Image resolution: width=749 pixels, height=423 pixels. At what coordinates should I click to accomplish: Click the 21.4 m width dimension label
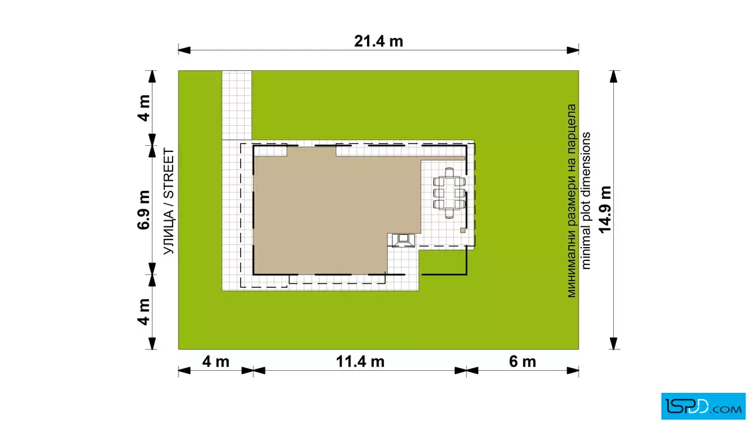tap(379, 41)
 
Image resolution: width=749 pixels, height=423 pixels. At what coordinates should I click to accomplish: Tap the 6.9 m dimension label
tap(144, 210)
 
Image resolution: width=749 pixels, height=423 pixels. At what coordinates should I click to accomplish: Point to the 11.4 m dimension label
tap(360, 362)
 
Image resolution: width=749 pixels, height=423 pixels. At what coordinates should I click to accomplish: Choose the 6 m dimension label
tap(522, 362)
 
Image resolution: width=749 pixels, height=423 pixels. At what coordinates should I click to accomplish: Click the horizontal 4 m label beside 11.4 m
tap(216, 362)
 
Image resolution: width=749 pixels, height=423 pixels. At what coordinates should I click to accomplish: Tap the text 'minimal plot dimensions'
tap(586, 201)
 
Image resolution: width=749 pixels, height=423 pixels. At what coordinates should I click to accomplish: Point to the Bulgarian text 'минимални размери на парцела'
tap(571, 201)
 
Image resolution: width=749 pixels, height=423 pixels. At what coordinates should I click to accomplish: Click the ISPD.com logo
tap(703, 406)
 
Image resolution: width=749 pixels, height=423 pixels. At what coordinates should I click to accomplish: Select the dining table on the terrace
tap(449, 193)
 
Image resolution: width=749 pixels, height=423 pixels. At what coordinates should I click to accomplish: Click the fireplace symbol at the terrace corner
tap(403, 240)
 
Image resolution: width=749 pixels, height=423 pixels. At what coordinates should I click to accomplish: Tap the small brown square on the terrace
tap(462, 230)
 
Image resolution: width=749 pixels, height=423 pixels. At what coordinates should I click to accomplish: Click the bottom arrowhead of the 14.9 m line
tap(614, 343)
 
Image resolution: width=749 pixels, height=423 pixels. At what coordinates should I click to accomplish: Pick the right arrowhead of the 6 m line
tap(572, 370)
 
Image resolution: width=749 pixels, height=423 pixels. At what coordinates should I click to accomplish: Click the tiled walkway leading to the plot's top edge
tap(237, 105)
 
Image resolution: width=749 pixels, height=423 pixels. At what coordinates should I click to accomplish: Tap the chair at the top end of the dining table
tap(449, 171)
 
